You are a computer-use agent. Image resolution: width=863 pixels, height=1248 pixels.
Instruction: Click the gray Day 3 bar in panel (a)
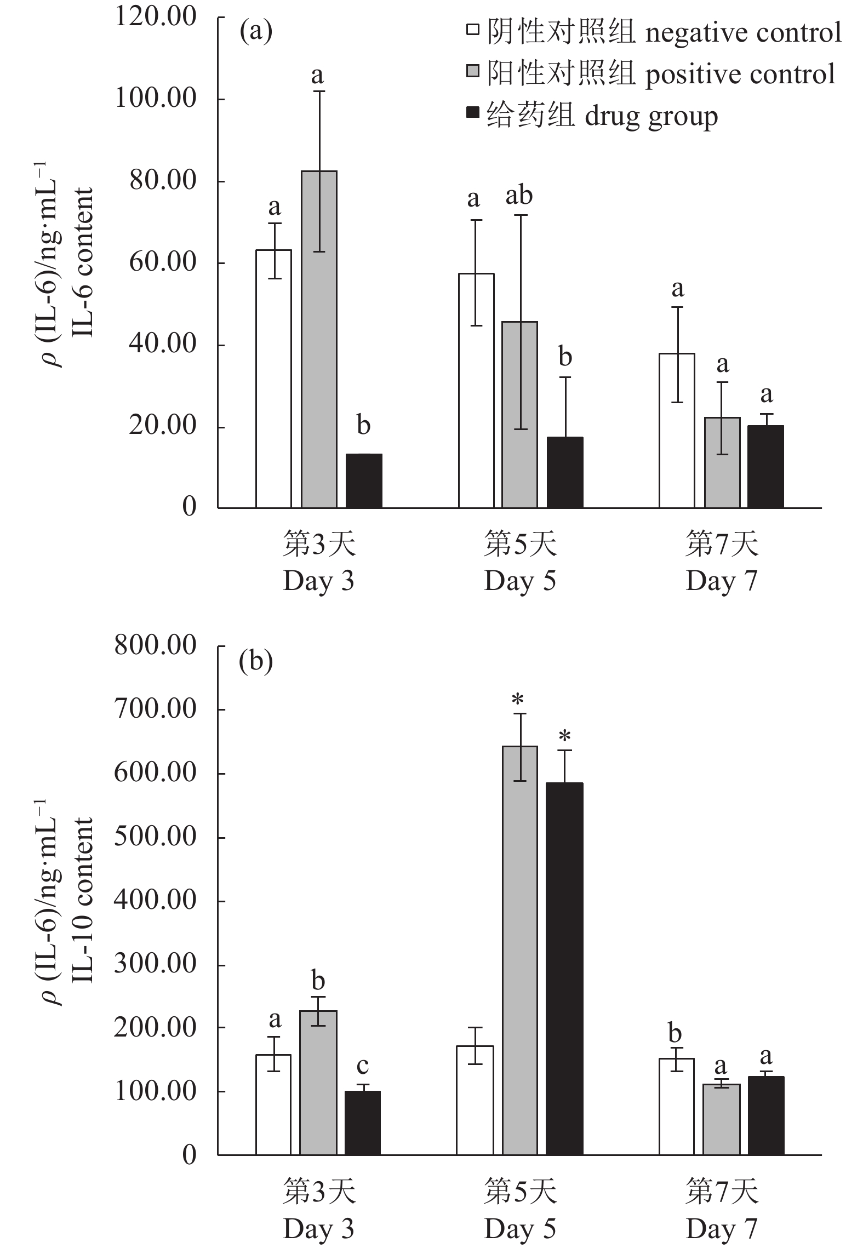coord(319,340)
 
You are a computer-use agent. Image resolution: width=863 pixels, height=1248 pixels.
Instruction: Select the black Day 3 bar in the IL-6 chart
coord(363,480)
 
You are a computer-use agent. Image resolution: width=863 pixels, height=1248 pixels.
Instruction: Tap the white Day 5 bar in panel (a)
coord(476,390)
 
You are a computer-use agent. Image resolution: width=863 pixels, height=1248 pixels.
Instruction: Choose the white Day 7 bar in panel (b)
coord(677,1107)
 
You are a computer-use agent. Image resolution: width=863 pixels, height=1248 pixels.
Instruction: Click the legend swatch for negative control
coord(472,30)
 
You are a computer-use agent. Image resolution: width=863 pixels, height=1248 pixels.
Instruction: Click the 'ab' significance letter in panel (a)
coord(519,196)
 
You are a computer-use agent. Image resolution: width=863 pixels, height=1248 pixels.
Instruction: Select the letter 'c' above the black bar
coord(363,1066)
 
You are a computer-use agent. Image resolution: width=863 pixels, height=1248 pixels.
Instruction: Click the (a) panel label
coord(256,32)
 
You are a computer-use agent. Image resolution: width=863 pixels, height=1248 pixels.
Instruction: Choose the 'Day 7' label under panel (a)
coord(721,581)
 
